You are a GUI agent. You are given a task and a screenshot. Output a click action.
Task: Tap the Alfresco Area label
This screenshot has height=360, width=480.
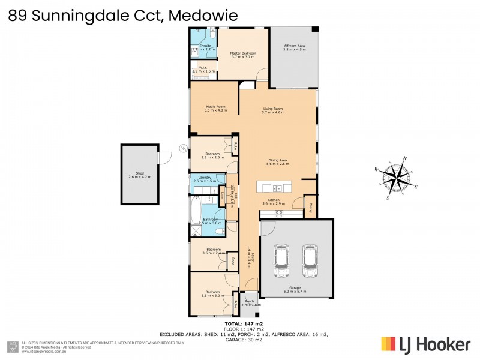(x=295, y=47)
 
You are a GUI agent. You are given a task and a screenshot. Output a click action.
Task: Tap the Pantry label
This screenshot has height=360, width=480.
(x=311, y=208)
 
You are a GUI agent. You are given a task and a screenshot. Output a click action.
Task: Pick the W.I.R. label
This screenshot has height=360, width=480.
(x=203, y=69)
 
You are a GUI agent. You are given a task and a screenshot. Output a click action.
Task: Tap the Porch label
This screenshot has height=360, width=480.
(x=250, y=302)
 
